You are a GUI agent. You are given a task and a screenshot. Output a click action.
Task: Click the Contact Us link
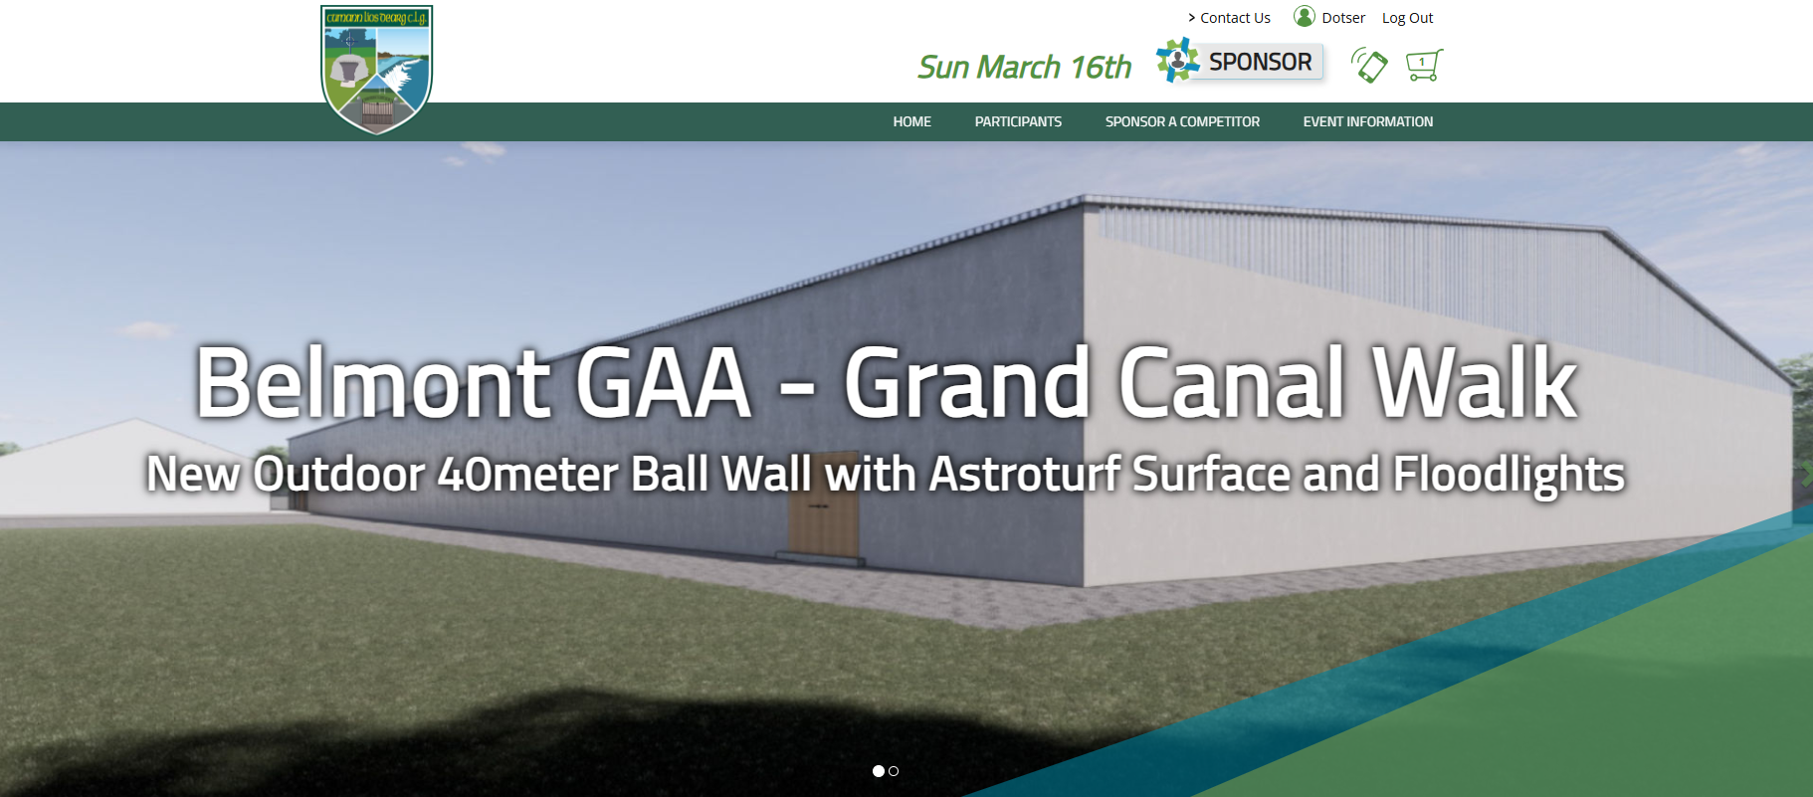1229,18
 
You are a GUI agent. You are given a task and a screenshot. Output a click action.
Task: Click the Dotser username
1343,18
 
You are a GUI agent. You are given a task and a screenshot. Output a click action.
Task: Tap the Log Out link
1407,18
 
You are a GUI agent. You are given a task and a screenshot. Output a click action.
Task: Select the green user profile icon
1305,16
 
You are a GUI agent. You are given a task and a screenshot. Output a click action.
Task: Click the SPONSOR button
1240,62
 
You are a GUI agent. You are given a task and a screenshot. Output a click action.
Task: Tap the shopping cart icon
1424,66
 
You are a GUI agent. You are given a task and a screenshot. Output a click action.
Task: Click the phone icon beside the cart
1369,66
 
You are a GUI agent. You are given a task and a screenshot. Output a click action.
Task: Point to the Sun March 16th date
1025,67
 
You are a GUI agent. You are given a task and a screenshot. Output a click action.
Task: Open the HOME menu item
911,121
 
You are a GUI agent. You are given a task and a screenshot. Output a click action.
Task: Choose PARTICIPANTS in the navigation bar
1018,121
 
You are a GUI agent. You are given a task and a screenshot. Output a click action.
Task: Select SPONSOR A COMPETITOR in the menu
1182,121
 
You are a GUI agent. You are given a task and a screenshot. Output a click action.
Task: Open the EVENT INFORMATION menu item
1368,121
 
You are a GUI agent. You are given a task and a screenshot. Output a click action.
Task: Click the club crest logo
376,69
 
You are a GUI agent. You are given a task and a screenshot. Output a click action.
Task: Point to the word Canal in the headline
1234,383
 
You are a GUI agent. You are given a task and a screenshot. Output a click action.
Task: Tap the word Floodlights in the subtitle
1509,475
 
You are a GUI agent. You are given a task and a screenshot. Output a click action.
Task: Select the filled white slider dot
879,771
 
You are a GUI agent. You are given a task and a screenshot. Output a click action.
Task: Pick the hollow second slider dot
894,771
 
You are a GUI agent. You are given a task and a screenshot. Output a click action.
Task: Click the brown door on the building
823,527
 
